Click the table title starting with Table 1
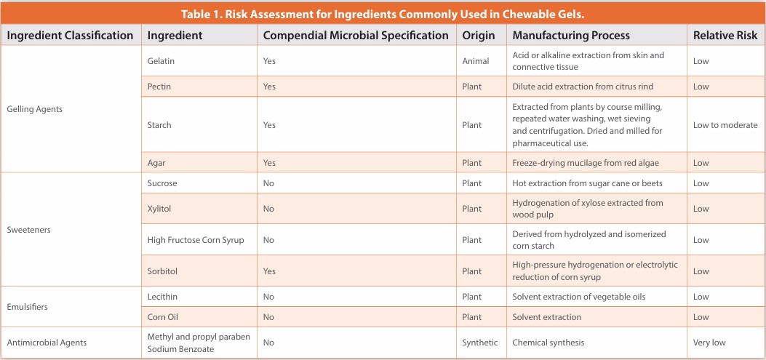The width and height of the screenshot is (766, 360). (x=383, y=14)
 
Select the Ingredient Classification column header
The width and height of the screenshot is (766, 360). (x=70, y=35)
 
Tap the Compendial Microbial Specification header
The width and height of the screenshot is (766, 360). (x=356, y=35)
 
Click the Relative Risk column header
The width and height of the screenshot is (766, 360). (x=725, y=35)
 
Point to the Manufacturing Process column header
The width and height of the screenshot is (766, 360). (x=571, y=35)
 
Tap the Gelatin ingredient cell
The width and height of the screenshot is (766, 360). (x=161, y=61)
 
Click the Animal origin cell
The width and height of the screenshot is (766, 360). (x=476, y=61)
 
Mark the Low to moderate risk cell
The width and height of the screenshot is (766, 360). (x=725, y=125)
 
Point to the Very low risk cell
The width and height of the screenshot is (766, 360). (x=709, y=343)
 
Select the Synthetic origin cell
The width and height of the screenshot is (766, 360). (x=480, y=343)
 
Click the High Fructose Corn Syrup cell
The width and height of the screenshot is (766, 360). (x=196, y=240)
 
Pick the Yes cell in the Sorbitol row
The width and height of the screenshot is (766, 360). (x=269, y=271)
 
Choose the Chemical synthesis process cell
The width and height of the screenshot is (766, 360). (x=548, y=343)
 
